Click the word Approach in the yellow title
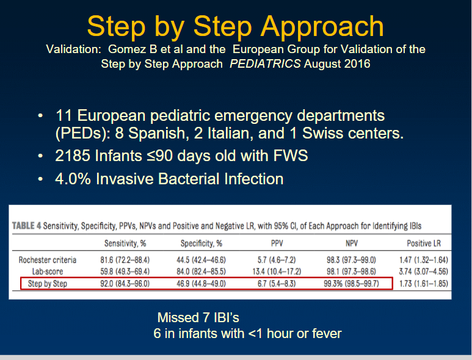point(322,27)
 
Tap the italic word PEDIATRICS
point(265,63)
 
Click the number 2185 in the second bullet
point(73,156)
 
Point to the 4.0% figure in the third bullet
point(73,179)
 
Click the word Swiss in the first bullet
point(322,133)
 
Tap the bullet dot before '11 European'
point(40,116)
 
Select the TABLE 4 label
point(26,226)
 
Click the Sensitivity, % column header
point(125,243)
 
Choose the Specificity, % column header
point(202,243)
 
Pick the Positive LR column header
point(424,243)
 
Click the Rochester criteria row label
point(48,260)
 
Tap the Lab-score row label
point(48,272)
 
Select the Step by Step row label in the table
point(48,284)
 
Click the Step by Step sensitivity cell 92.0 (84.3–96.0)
point(125,284)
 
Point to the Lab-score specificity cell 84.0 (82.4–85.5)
point(201,272)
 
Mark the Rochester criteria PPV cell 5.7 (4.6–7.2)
point(277,260)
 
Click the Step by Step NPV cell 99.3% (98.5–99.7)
point(351,284)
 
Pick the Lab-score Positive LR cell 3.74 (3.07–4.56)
point(424,272)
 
